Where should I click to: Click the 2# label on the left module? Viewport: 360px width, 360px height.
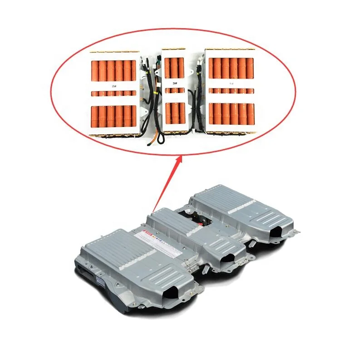(113, 85)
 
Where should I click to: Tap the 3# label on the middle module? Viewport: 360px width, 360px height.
(174, 83)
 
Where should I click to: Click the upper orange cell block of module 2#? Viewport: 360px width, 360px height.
(113, 70)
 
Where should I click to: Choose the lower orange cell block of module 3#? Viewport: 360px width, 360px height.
(174, 113)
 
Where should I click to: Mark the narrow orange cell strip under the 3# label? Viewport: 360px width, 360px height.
(174, 90)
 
